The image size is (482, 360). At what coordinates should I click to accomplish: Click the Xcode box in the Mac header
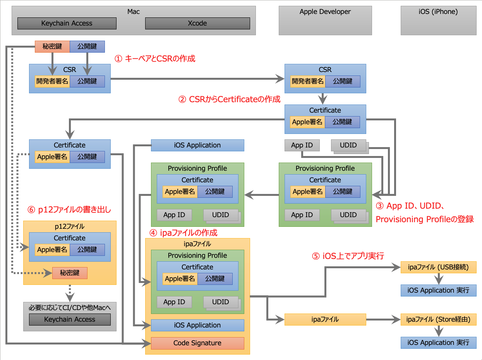(197, 23)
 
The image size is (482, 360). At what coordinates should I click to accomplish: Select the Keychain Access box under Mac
(67, 23)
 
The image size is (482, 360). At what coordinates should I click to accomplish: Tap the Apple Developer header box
(325, 20)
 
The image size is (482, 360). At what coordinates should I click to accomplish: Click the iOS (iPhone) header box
(438, 20)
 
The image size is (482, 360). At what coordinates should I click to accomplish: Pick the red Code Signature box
(197, 343)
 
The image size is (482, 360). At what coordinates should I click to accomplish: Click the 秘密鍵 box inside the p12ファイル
(70, 273)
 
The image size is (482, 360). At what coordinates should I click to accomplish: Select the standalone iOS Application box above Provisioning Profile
(197, 145)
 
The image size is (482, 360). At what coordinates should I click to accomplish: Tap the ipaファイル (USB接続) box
(438, 267)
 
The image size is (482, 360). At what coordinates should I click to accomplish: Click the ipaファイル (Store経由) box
(438, 319)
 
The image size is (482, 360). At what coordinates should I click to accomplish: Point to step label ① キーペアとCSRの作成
(155, 58)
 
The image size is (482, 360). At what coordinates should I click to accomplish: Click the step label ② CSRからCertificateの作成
(229, 99)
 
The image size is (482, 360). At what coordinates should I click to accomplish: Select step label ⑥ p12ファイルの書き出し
(69, 210)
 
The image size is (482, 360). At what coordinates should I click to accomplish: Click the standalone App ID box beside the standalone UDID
(302, 145)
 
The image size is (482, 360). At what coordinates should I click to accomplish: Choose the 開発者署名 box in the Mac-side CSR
(52, 81)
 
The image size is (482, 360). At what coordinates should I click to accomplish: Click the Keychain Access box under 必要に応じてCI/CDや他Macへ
(70, 319)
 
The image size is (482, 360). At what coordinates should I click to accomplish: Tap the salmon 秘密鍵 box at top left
(52, 46)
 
